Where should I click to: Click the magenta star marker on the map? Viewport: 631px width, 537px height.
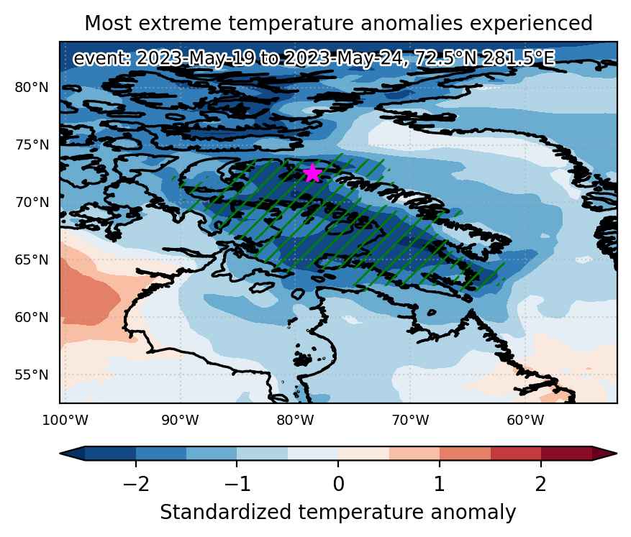point(313,173)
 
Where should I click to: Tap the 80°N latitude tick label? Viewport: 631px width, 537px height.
point(32,87)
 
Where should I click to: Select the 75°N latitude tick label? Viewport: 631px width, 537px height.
point(32,144)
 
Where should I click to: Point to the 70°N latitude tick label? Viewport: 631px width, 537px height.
point(32,202)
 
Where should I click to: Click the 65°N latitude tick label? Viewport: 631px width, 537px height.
point(32,260)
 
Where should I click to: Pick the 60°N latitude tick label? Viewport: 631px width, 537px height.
point(32,318)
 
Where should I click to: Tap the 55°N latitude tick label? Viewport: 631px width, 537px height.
point(32,375)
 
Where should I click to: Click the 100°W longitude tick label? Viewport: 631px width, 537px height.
point(65,421)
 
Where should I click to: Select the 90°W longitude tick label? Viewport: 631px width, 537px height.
point(181,421)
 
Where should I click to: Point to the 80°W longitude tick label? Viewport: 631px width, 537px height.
point(296,421)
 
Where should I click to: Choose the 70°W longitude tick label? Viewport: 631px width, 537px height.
point(410,421)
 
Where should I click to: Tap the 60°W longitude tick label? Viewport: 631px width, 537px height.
point(525,421)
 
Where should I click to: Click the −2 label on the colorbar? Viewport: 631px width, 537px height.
point(136,484)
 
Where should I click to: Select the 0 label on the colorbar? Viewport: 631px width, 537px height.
point(338,484)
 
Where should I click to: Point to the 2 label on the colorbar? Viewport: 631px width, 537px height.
point(541,484)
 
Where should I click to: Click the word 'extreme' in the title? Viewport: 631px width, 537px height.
point(183,23)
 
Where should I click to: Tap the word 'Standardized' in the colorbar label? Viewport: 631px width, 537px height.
point(225,513)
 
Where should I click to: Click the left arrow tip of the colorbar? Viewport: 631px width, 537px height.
point(60,454)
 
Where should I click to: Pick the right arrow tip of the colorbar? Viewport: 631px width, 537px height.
point(617,454)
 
